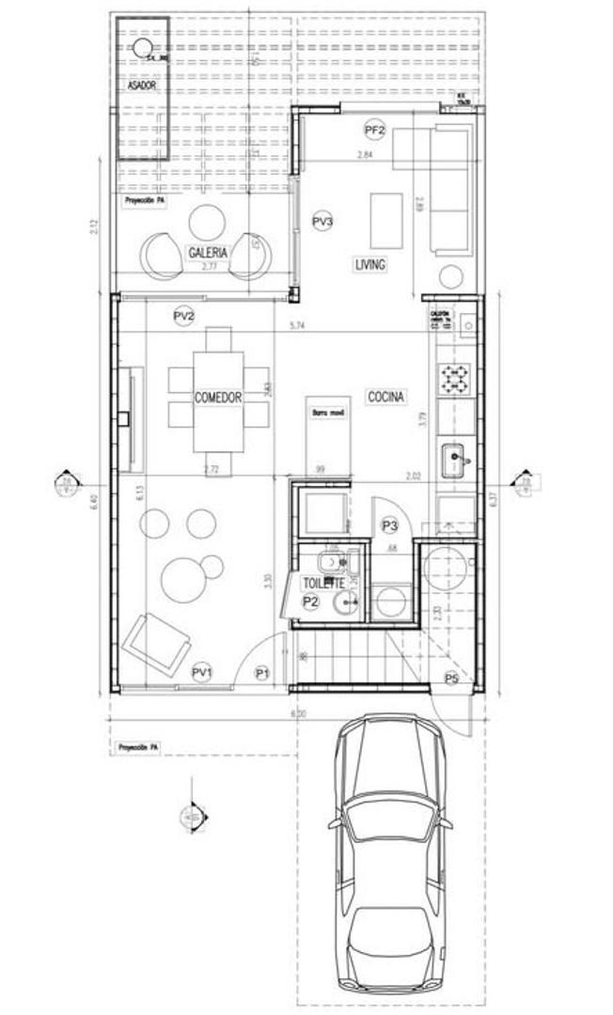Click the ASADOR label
point(140,86)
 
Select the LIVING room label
point(369,265)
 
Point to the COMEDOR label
point(218,398)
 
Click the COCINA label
point(385,398)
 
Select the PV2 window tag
point(184,317)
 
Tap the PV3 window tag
point(322,222)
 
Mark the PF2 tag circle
point(376,130)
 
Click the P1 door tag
point(263,673)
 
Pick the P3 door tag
point(389,525)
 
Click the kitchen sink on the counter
point(457,460)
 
